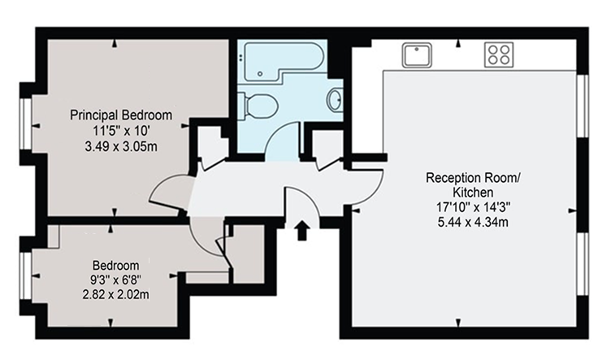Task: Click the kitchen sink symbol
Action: pos(418,55)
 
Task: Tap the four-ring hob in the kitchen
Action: pos(499,55)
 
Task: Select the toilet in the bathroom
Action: pos(261,104)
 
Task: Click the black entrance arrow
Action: pos(302,232)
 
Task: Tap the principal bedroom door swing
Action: pos(169,193)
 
